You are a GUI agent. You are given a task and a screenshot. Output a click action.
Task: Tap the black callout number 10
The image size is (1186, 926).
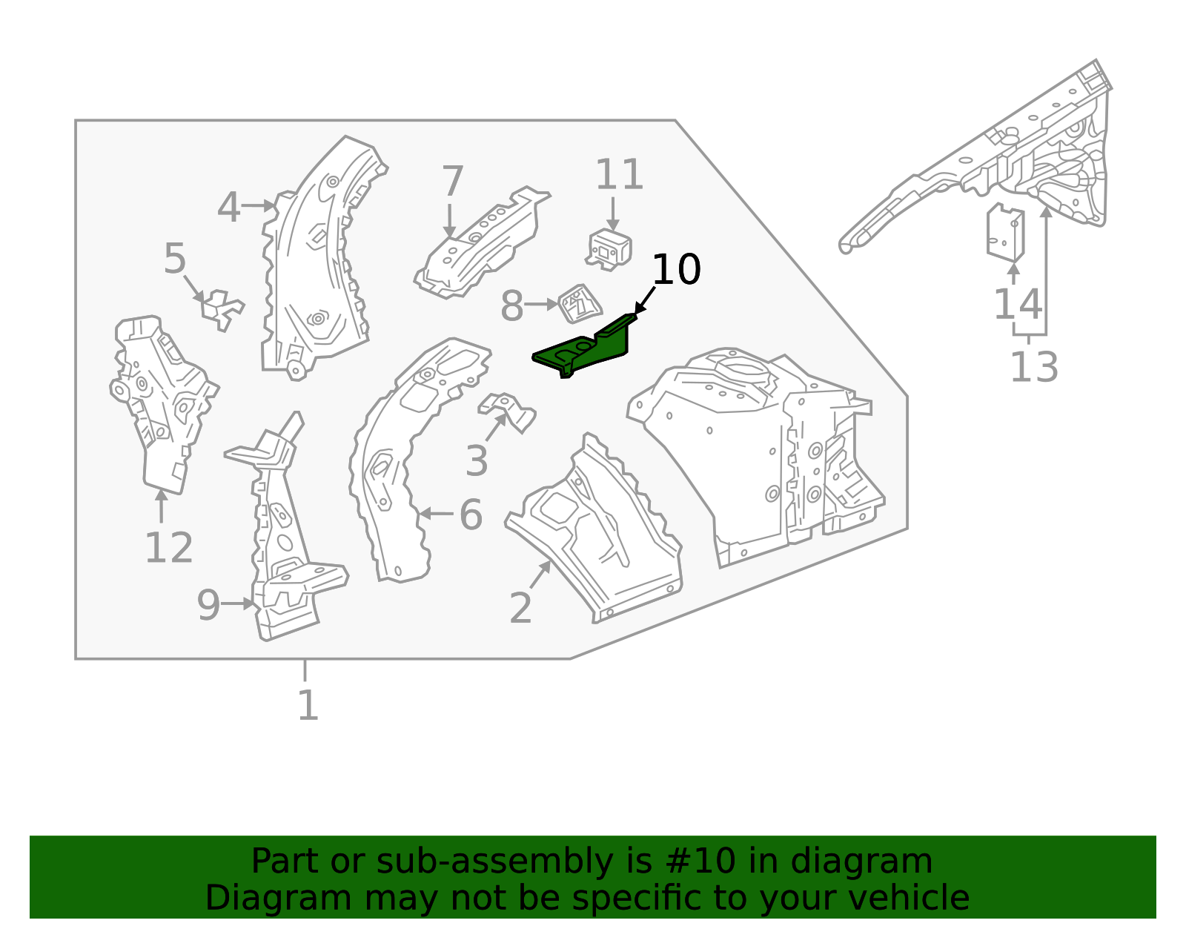(676, 269)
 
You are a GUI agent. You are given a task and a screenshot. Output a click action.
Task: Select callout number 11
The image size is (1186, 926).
(619, 176)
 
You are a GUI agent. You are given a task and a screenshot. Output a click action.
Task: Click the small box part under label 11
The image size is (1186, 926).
(609, 249)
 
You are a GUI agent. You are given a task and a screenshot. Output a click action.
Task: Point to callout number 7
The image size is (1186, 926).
(452, 182)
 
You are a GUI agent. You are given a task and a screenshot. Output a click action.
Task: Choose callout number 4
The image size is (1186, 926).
(229, 207)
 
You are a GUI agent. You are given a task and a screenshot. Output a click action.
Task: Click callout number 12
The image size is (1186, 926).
(168, 549)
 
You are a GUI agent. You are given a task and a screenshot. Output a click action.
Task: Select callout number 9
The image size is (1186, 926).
(208, 605)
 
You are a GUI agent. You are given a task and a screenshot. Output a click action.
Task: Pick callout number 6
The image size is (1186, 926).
(471, 515)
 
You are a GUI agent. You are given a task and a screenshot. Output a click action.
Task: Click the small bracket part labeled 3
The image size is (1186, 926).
(509, 411)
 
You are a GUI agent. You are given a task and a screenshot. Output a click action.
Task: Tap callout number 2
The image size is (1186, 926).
(520, 608)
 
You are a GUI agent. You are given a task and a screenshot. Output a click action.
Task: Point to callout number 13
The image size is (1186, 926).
(1033, 366)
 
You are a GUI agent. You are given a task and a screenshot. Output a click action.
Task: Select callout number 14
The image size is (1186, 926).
(1016, 304)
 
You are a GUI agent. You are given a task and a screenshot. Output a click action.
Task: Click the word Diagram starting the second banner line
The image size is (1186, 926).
(248, 898)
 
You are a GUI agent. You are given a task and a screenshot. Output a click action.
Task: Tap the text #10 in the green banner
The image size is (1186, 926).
(700, 861)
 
